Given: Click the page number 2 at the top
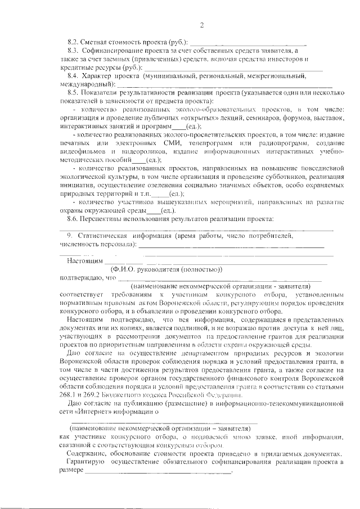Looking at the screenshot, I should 201,24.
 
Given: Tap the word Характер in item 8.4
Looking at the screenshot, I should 97,75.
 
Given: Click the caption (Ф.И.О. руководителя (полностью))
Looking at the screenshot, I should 167,269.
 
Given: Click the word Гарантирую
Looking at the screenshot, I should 84,462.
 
